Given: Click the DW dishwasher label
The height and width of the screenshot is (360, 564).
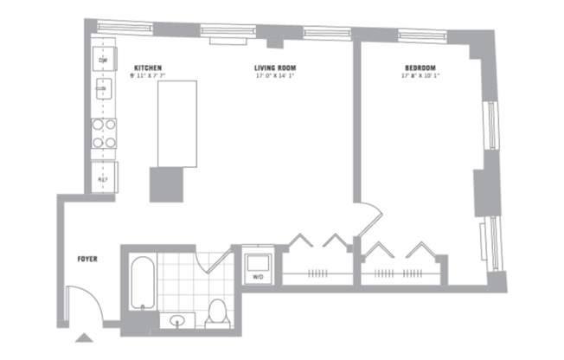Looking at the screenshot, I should [x=101, y=59].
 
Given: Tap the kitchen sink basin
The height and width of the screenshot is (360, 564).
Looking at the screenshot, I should [x=102, y=89].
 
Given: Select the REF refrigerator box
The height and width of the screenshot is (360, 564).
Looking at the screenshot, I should [x=102, y=180].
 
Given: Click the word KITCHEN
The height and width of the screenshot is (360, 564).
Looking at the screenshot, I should [x=148, y=67].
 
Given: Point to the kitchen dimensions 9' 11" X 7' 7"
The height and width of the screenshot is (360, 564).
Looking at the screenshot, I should [x=148, y=76].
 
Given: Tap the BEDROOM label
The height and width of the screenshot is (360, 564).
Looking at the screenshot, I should [x=419, y=67].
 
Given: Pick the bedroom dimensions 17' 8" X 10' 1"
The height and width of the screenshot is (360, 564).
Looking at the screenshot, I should [x=419, y=76].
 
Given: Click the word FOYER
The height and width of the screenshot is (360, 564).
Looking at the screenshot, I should [x=87, y=258].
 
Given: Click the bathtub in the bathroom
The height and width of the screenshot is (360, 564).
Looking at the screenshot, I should [x=143, y=282].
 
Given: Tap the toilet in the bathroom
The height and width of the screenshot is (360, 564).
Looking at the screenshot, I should [x=217, y=313].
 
